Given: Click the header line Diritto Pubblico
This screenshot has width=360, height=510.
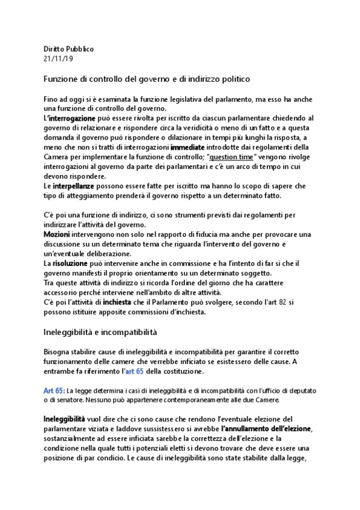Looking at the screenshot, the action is coord(69,49).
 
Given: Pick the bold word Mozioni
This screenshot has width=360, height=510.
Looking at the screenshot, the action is coord(57,234).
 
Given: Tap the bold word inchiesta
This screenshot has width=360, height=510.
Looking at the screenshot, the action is coord(117,302).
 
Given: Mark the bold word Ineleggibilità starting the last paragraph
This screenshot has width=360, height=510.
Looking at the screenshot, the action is coord(68,418).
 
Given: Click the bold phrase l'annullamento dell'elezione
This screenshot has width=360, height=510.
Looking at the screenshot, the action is coord(267,428).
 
